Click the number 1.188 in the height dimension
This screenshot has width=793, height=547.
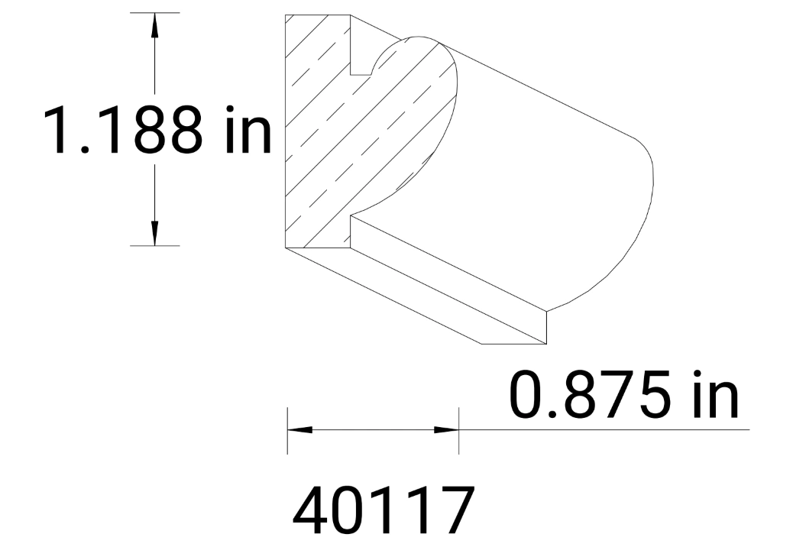(122, 129)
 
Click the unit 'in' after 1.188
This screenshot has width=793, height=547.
(244, 129)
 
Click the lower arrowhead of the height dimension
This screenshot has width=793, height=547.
(155, 234)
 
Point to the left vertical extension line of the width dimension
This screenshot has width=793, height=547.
(287, 432)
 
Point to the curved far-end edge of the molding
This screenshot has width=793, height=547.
(649, 183)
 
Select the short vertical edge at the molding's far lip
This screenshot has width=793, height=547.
(548, 326)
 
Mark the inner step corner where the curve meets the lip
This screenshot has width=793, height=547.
(351, 216)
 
